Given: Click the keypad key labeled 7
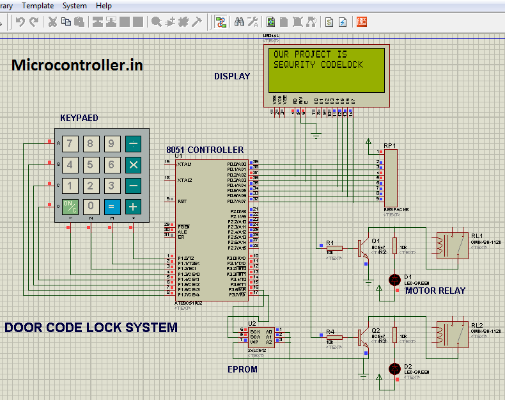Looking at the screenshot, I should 70,143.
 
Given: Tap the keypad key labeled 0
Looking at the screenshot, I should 91,206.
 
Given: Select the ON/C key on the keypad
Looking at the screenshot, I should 70,206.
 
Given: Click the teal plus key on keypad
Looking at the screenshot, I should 133,206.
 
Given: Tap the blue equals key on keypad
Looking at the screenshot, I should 111,206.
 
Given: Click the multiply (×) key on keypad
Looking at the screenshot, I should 133,164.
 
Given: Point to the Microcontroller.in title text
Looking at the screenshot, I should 77,65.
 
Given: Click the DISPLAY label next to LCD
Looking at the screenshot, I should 232,76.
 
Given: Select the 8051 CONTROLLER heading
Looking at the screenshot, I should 205,150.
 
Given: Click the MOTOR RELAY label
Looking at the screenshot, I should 435,291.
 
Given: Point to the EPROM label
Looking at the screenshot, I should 243,369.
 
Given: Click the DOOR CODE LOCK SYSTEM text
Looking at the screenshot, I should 91,328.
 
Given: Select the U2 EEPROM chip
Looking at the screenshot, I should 260,337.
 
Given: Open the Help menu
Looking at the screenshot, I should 104,6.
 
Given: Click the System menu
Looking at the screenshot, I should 74,6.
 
